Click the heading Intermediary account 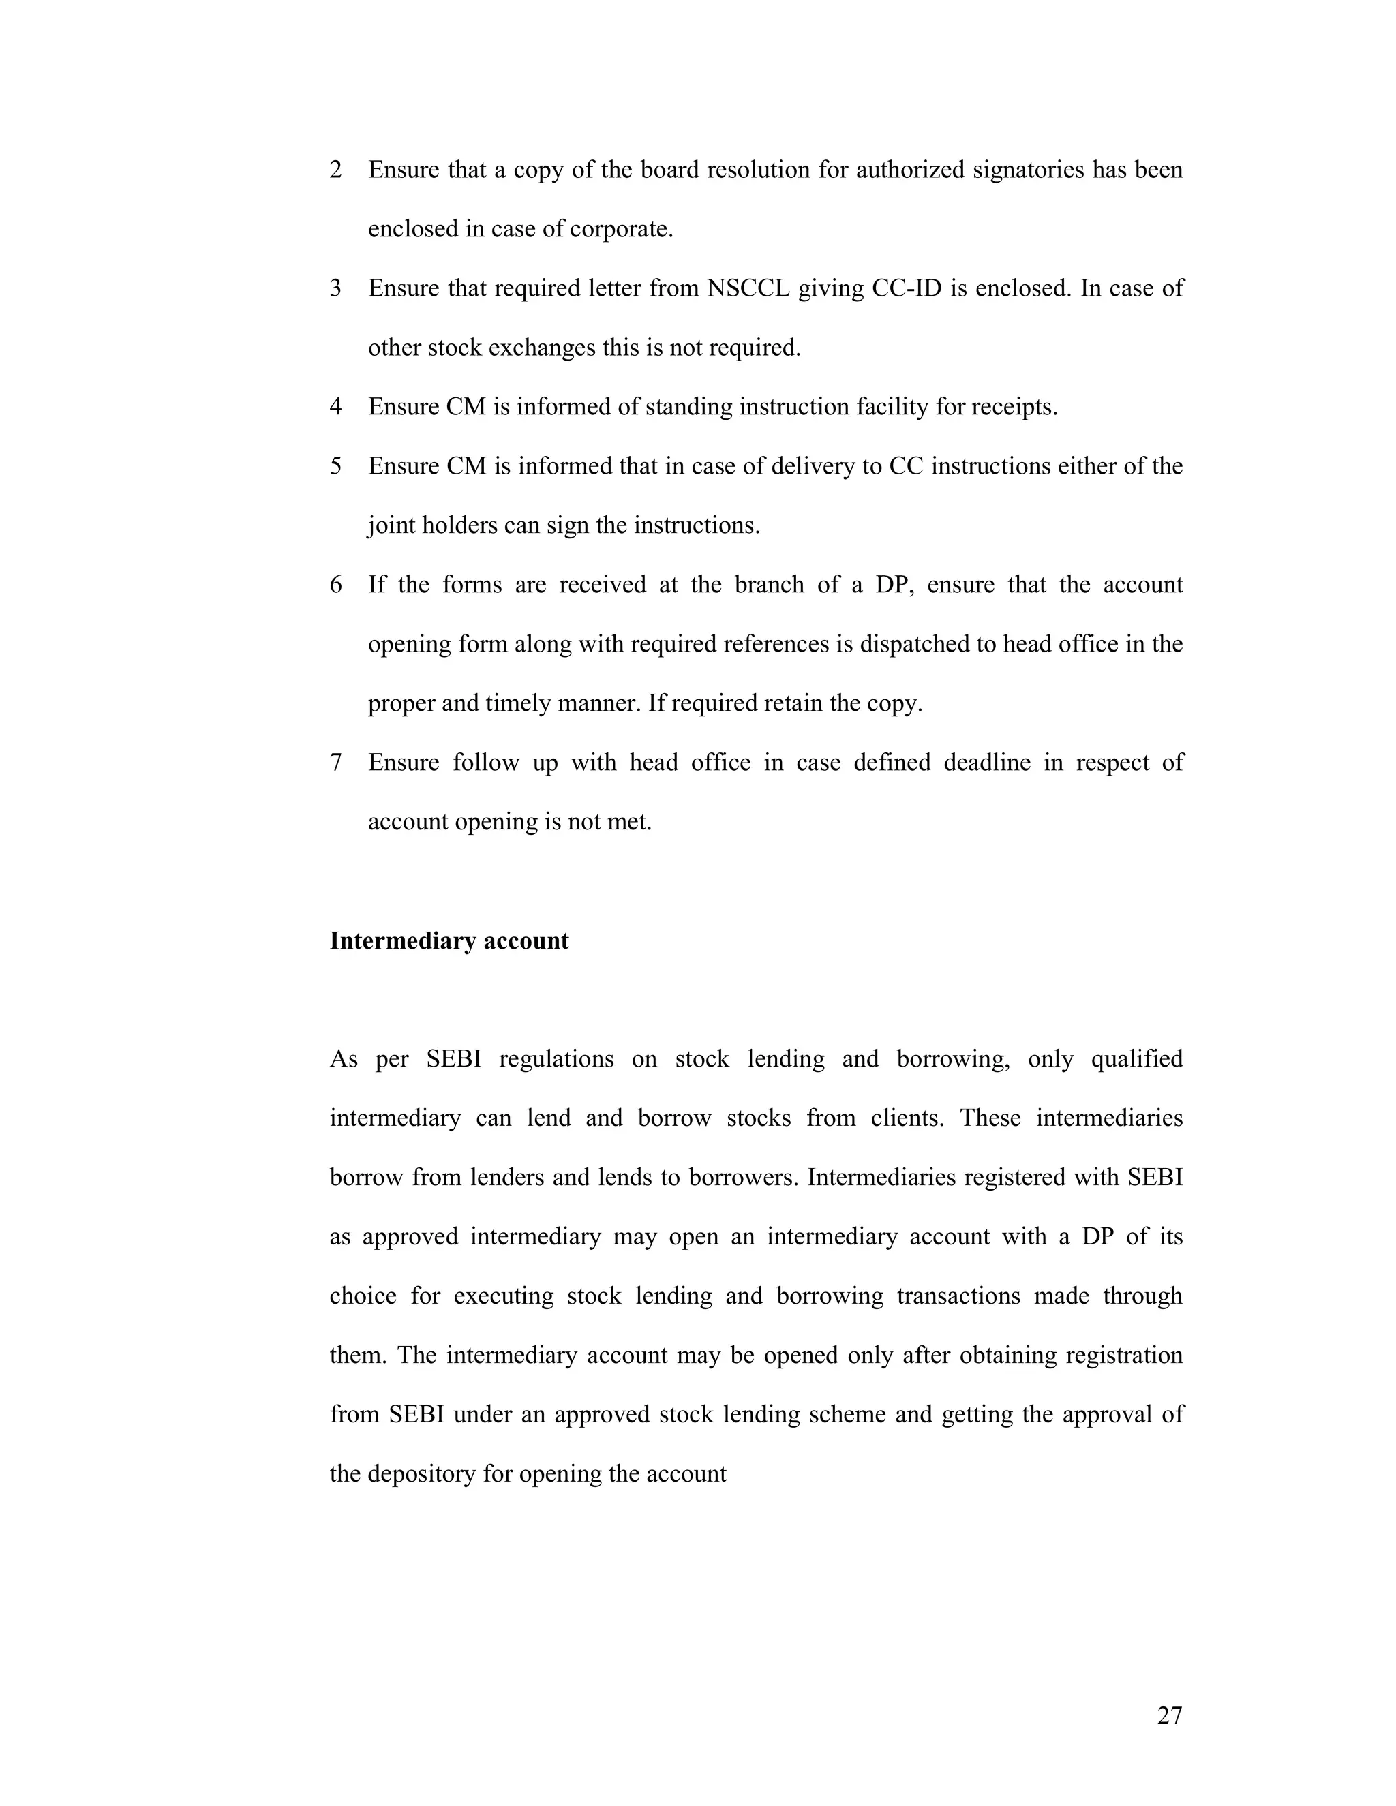(x=449, y=941)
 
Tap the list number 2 (x=336, y=170)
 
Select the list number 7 (x=336, y=762)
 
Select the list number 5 (x=336, y=465)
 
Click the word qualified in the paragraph (x=1136, y=1058)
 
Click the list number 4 (x=336, y=407)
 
